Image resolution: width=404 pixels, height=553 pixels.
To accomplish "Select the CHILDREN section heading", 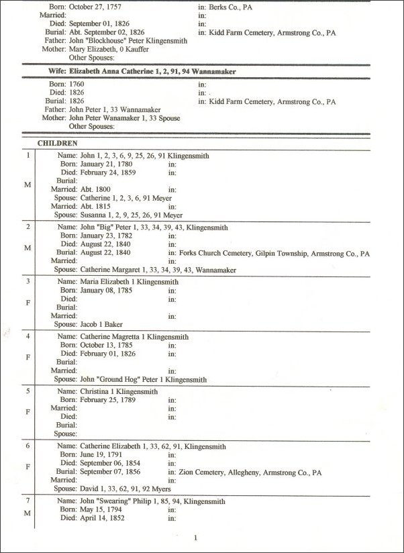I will tap(58, 143).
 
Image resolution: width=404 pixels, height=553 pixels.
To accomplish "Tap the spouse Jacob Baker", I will tap(101, 324).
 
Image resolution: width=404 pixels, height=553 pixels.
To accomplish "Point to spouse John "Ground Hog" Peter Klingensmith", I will tap(143, 379).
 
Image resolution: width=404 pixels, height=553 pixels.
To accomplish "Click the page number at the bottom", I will tap(195, 538).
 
